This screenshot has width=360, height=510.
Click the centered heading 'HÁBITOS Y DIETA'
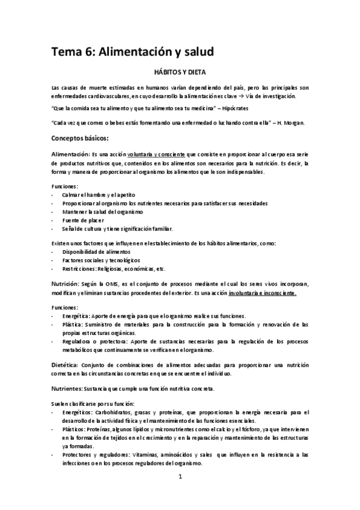(180, 71)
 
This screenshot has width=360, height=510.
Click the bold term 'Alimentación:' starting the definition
(70, 155)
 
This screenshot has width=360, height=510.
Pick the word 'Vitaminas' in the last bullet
(144, 455)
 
